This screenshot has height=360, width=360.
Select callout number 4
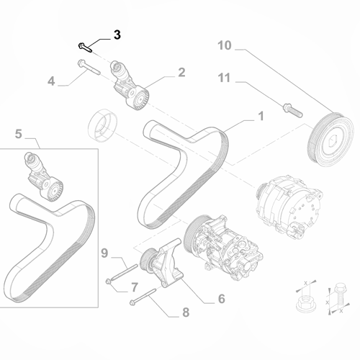pyautogui.click(x=51, y=81)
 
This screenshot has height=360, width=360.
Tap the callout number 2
pyautogui.click(x=181, y=72)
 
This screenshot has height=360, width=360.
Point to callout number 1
pyautogui.click(x=261, y=115)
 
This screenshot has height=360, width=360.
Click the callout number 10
pyautogui.click(x=225, y=47)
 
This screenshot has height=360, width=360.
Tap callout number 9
pyautogui.click(x=104, y=252)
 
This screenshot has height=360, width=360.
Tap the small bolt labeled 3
pyautogui.click(x=85, y=48)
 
